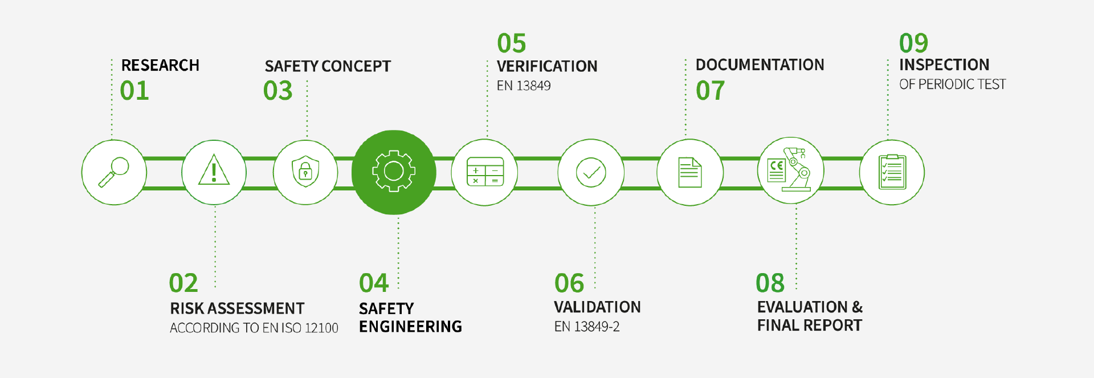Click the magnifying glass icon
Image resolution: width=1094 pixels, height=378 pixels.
coord(114,172)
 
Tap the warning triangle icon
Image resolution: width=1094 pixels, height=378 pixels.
coord(214,170)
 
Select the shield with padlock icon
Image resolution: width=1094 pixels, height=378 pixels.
coord(305,172)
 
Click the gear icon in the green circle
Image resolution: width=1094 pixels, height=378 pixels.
coord(394,171)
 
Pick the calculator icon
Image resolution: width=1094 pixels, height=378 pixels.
coord(485,172)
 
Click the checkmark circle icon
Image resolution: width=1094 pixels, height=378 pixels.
coord(591,172)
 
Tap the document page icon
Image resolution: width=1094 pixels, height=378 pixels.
coord(689,173)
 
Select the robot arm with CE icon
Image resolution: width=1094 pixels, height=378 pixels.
coord(789,169)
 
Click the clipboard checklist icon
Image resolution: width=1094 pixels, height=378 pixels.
coord(892,172)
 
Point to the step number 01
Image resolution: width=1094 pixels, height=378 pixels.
coord(134,91)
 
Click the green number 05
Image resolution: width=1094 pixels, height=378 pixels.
coord(512,43)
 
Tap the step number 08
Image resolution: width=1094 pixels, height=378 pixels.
coord(770,283)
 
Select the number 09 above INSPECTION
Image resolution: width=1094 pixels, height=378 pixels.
coord(914,43)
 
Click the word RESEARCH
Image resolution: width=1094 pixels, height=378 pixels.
coord(160,66)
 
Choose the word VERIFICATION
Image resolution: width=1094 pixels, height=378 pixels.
coord(547,66)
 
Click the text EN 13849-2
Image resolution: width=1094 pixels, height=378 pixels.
coord(587,327)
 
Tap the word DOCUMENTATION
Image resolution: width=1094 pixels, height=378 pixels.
coord(760,65)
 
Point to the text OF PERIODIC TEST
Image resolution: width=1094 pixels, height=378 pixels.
coord(953,84)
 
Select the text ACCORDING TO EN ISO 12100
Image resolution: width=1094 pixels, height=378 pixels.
coord(254,328)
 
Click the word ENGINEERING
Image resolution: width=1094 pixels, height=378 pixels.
coord(411,327)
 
